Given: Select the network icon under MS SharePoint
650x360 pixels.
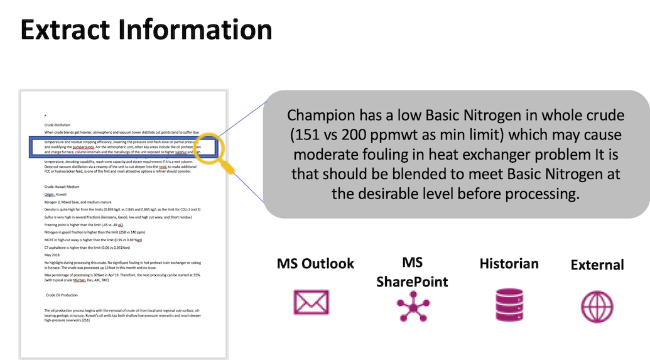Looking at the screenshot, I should click(x=413, y=306).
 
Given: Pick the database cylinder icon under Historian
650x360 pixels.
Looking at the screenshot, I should click(x=509, y=304).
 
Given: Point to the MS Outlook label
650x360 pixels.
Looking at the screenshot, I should click(x=315, y=263).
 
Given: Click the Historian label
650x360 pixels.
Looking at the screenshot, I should click(x=509, y=263).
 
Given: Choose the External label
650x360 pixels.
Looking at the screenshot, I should click(x=597, y=265).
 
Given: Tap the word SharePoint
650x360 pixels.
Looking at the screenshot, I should click(x=413, y=281).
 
